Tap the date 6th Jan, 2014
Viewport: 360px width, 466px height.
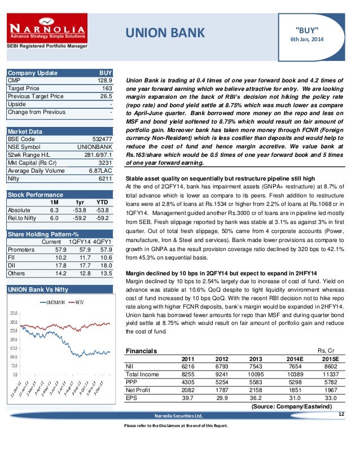coord(307,39)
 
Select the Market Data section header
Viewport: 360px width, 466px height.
coord(23,131)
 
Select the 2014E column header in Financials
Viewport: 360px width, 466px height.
coord(294,358)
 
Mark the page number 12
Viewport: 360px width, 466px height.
coord(341,415)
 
